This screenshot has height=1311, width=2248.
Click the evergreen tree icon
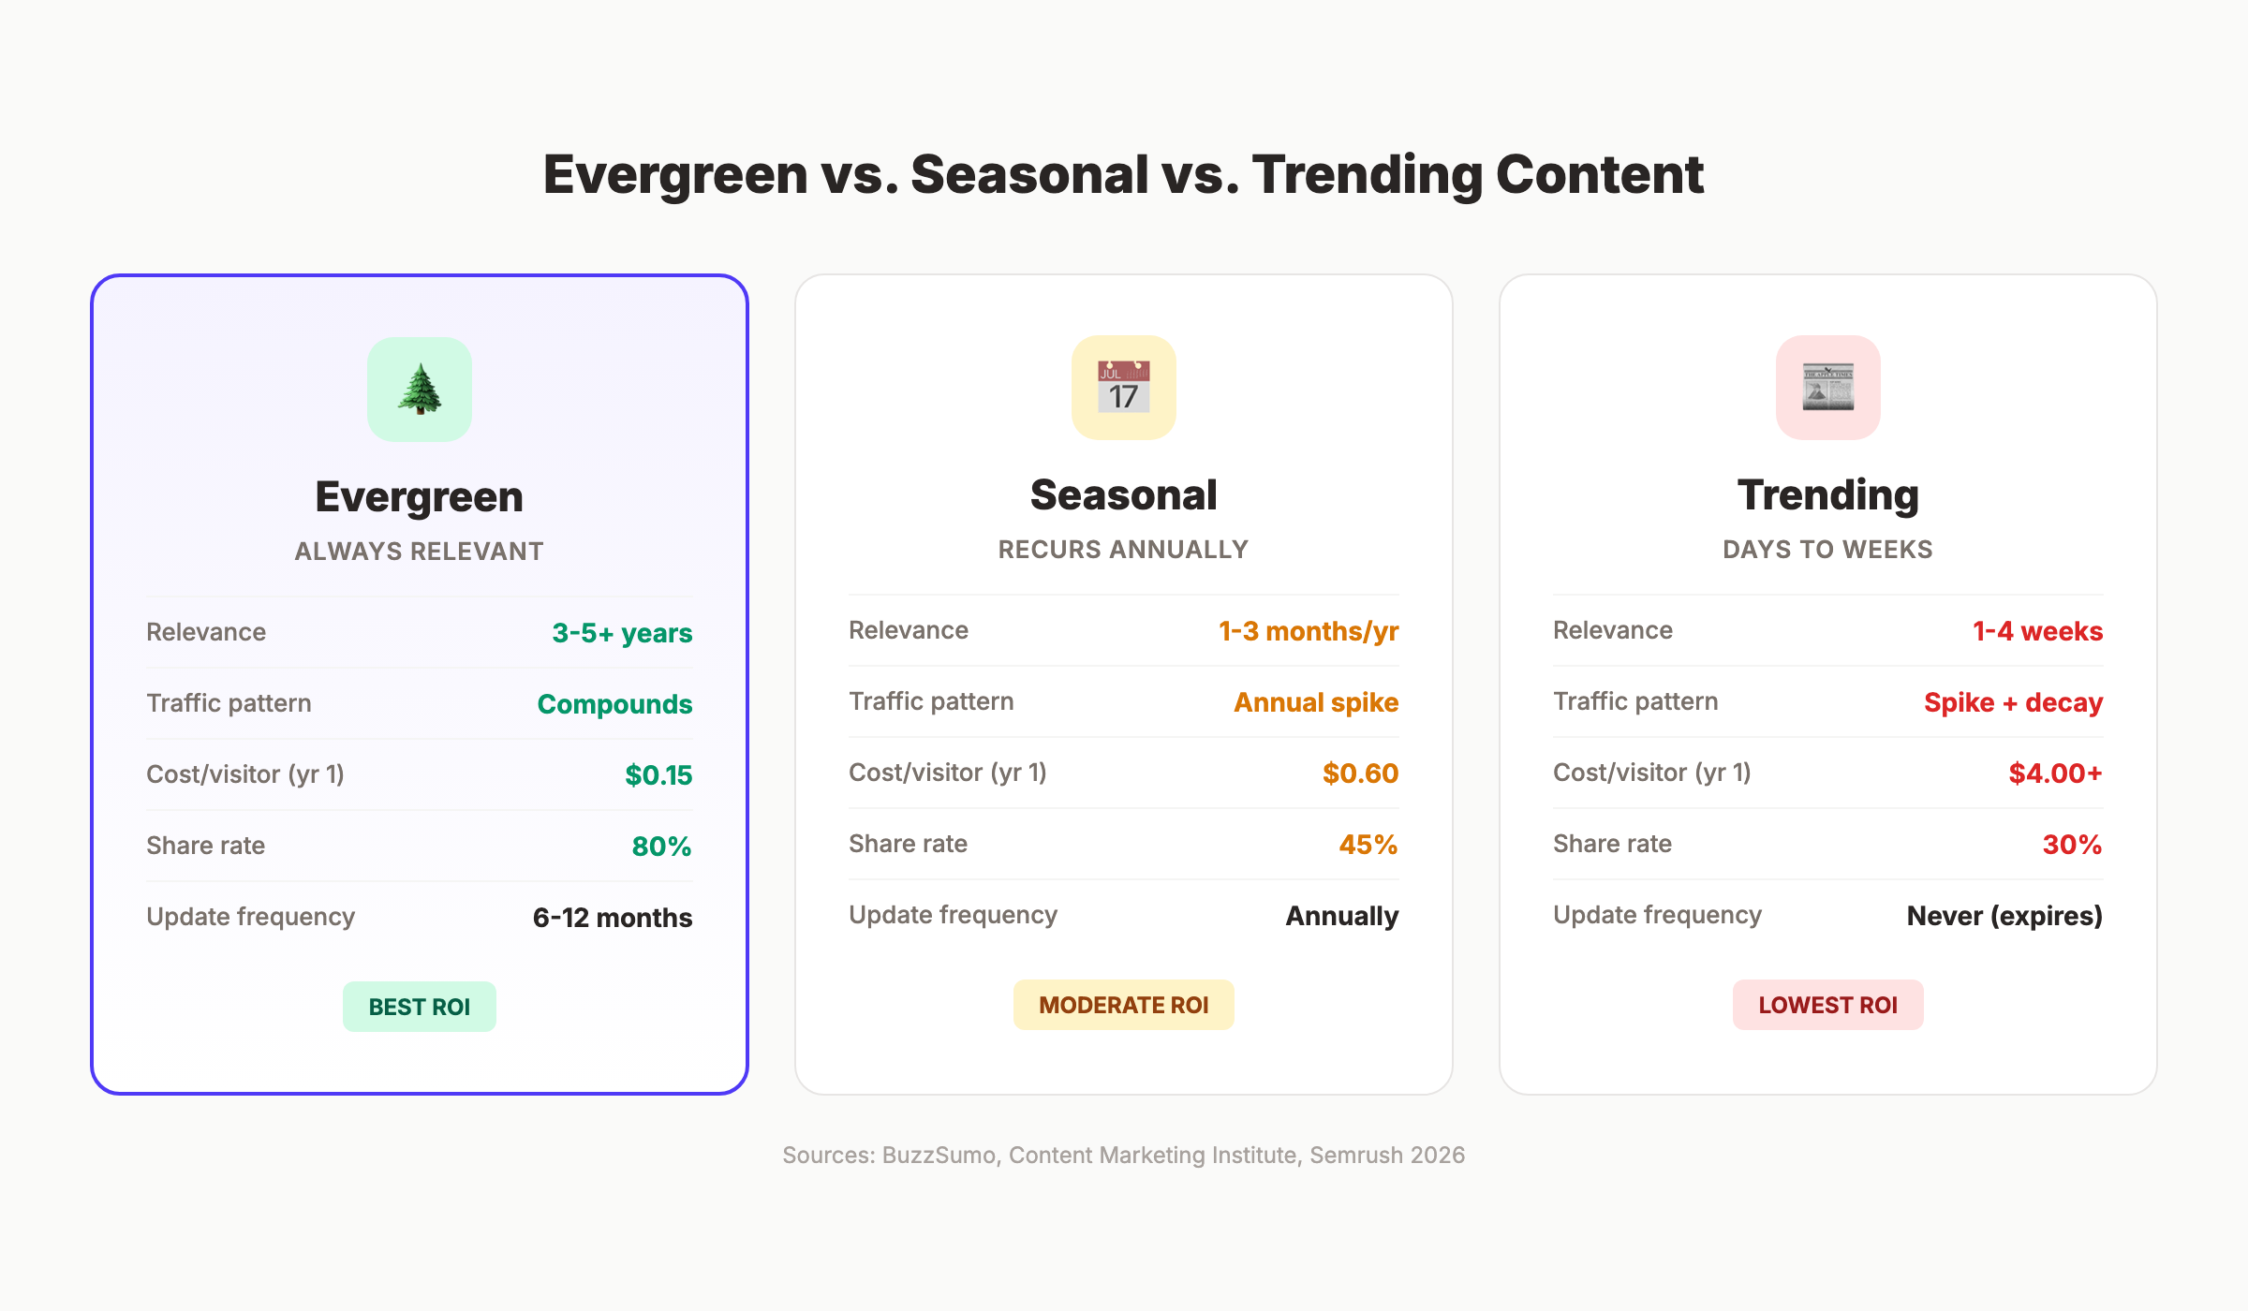coord(420,389)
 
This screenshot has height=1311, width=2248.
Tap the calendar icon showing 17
coord(1123,387)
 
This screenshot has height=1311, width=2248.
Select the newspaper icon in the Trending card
coord(1827,387)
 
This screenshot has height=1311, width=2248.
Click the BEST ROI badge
coord(419,1007)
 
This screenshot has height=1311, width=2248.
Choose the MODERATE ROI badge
coord(1123,1005)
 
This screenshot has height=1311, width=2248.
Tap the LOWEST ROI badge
coord(1827,1005)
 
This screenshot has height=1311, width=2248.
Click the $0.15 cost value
coord(658,775)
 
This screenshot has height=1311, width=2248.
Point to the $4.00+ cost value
coord(2055,773)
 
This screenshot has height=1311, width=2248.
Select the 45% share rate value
coord(1368,845)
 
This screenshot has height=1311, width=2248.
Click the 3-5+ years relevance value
coord(622,633)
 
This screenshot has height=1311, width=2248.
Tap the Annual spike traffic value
coord(1315,702)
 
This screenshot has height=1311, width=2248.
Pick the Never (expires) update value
coord(2004,916)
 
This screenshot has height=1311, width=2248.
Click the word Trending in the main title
coord(1367,175)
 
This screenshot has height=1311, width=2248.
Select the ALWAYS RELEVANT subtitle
coord(419,552)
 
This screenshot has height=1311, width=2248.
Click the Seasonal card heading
coord(1123,495)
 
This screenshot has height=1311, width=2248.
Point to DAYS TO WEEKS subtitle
coord(1827,550)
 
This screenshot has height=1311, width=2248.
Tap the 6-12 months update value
coord(612,918)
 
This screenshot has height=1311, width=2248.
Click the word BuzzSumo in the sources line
coord(939,1156)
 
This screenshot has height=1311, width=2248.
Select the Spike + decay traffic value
coord(2013,702)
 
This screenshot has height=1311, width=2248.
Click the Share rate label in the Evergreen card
coord(206,846)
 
